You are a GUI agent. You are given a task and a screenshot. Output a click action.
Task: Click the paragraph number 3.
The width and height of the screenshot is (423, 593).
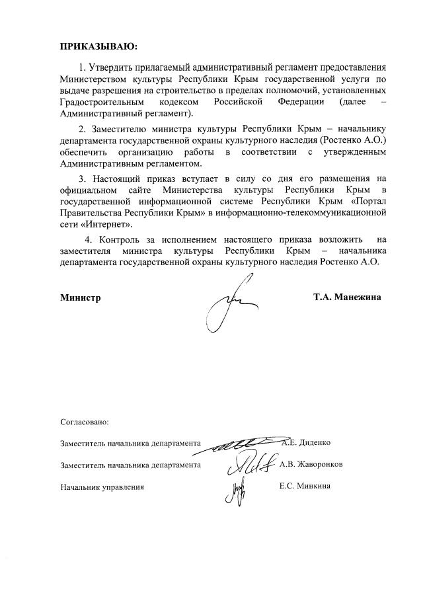pyautogui.click(x=82, y=178)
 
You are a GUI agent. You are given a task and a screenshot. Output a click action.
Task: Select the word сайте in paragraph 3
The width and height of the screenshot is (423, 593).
pyautogui.click(x=133, y=190)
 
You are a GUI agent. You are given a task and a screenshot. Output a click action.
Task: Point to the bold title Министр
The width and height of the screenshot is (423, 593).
pyautogui.click(x=81, y=297)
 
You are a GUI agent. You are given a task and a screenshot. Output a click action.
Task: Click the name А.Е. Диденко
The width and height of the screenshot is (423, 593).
pyautogui.click(x=307, y=442)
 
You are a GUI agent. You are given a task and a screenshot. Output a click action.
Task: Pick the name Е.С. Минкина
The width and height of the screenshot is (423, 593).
pyautogui.click(x=305, y=487)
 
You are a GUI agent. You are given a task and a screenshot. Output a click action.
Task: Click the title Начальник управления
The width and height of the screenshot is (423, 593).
pyautogui.click(x=102, y=487)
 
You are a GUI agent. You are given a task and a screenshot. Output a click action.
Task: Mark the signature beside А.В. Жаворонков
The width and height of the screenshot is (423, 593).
pyautogui.click(x=249, y=464)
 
